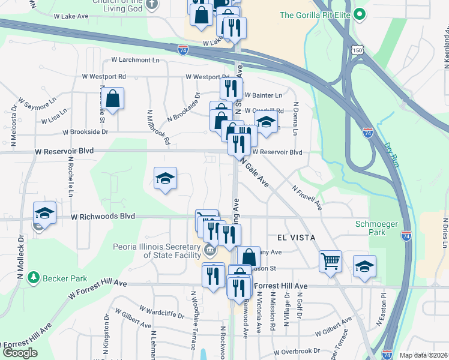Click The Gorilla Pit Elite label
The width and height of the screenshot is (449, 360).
pyautogui.click(x=315, y=15)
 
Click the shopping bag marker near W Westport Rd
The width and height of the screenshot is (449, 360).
pyautogui.click(x=112, y=97)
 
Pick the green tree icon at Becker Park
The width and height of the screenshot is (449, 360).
pyautogui.click(x=34, y=278)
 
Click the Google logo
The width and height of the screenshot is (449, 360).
pyautogui.click(x=20, y=353)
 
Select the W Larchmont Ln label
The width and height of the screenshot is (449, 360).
pyautogui.click(x=135, y=60)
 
